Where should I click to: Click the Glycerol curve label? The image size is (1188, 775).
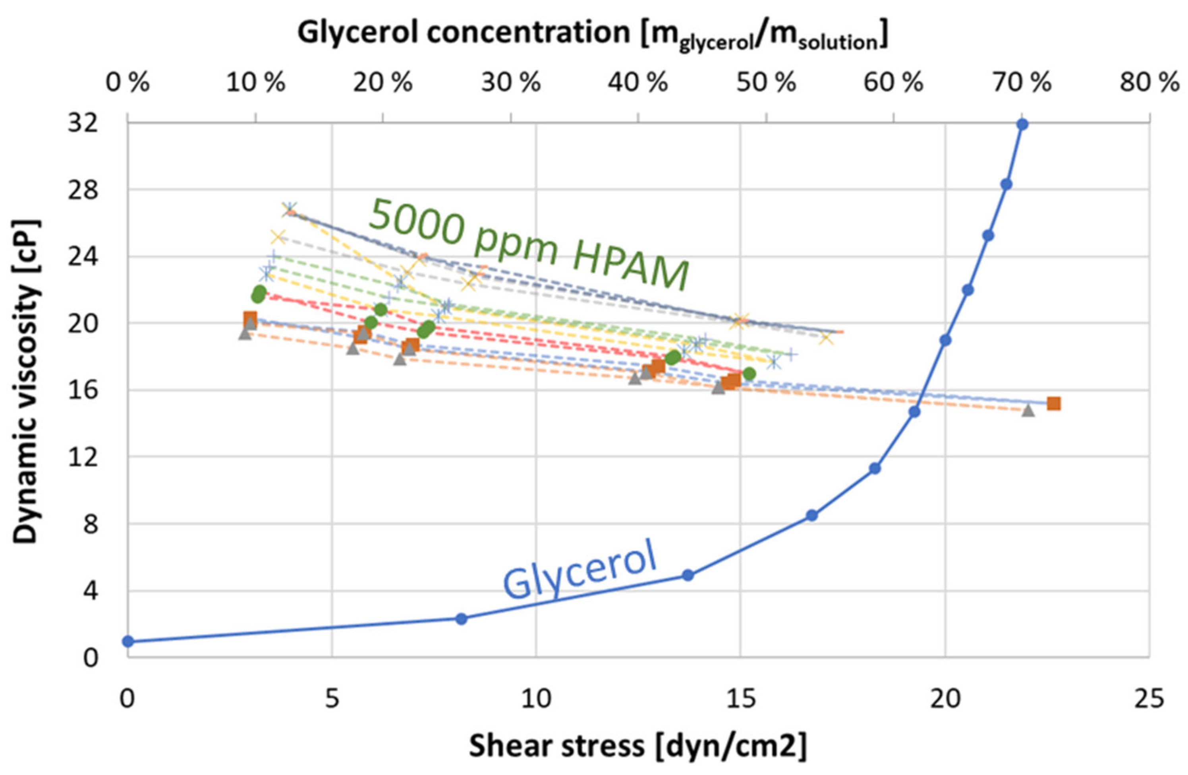coord(579,569)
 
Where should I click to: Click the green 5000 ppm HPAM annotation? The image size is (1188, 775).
coord(529,245)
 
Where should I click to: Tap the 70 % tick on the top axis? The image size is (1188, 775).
coord(1022,83)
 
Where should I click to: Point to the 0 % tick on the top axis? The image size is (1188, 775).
coord(128,83)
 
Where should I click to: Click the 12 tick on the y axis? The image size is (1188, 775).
coord(82,457)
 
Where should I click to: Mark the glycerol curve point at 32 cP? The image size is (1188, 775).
coord(1022,124)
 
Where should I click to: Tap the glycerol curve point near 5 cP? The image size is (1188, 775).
coord(688,575)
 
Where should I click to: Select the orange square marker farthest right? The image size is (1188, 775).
coord(1054,403)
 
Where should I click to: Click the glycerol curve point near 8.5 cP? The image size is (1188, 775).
coord(811,515)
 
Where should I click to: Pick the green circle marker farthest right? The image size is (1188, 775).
coord(749,374)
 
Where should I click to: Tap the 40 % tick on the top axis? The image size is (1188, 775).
coord(638,83)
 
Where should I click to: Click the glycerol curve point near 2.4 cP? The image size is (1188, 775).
coord(461,619)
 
